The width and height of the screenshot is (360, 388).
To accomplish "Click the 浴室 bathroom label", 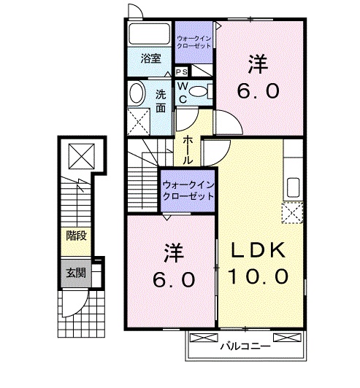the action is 151,58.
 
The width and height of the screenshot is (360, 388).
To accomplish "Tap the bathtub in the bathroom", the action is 150,34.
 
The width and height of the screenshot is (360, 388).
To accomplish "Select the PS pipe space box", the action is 181,72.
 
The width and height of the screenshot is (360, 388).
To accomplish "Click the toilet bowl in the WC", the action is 198,91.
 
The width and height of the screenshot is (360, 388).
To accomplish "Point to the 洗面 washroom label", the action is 161,101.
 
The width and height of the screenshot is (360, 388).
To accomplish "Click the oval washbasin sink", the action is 137,93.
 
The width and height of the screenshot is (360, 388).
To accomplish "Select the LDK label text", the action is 258,250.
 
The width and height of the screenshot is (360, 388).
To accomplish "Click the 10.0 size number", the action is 258,276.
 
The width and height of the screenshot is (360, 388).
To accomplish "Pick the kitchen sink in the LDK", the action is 293,187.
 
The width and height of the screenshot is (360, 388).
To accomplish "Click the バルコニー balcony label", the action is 245,346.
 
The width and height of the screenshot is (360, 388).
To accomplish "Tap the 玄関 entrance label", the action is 76,273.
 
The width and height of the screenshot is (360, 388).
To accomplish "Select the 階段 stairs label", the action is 77,236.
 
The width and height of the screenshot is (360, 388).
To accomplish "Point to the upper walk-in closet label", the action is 194,42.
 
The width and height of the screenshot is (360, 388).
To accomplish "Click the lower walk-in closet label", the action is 188,190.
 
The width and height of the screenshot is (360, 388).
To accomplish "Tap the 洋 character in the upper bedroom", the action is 258,64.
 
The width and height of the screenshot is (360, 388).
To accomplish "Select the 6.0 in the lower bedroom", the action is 174,279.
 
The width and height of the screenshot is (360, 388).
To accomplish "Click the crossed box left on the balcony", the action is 204,338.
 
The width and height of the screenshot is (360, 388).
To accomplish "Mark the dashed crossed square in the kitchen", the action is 293,213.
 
